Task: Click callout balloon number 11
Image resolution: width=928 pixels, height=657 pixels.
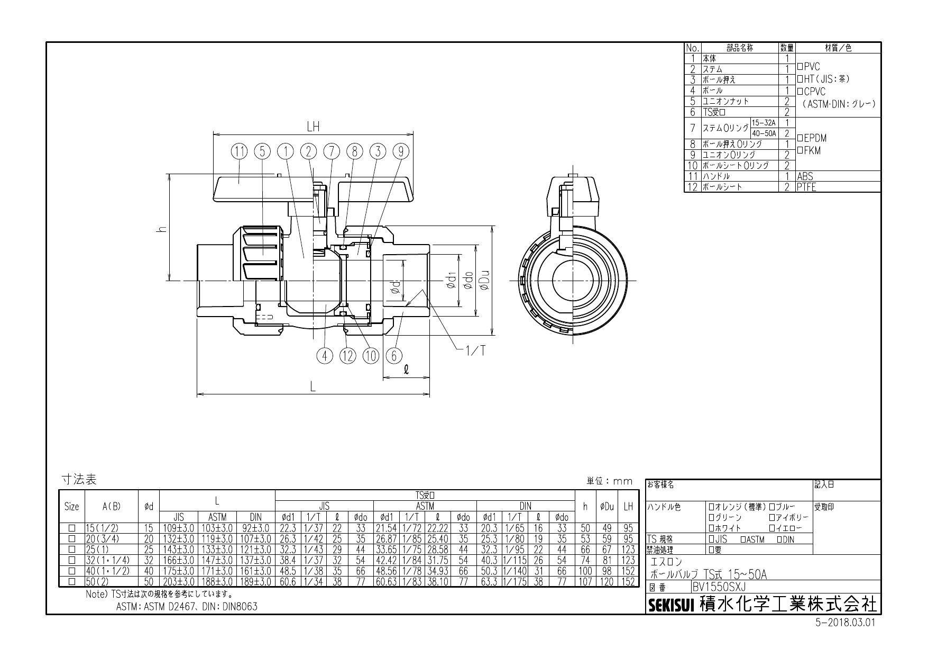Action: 240,151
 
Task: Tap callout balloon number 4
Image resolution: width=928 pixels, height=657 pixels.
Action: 325,356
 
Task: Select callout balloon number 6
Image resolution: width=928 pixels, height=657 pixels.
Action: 393,356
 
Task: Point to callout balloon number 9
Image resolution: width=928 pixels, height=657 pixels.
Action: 401,151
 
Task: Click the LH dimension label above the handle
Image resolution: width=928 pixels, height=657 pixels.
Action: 313,127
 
